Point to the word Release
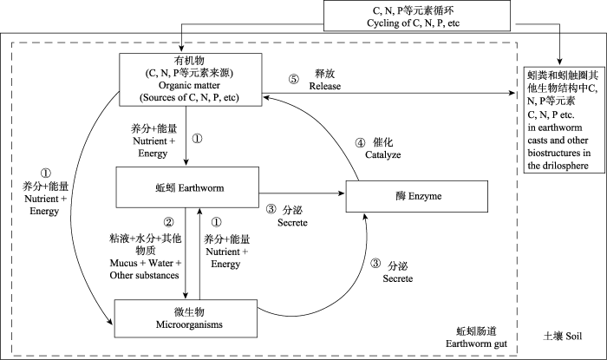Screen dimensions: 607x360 point(325,86)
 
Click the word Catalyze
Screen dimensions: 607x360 point(383,154)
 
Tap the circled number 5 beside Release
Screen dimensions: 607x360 point(294,79)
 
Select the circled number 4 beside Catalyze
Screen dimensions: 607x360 point(360,143)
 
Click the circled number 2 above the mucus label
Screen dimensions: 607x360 point(168,222)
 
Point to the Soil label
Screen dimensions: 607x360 point(563,336)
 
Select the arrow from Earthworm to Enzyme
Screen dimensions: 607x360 point(302,193)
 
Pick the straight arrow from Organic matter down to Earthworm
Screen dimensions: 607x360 point(186,135)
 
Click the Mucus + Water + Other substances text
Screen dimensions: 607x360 point(145,269)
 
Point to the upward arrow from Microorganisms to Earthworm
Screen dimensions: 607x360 point(199,253)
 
